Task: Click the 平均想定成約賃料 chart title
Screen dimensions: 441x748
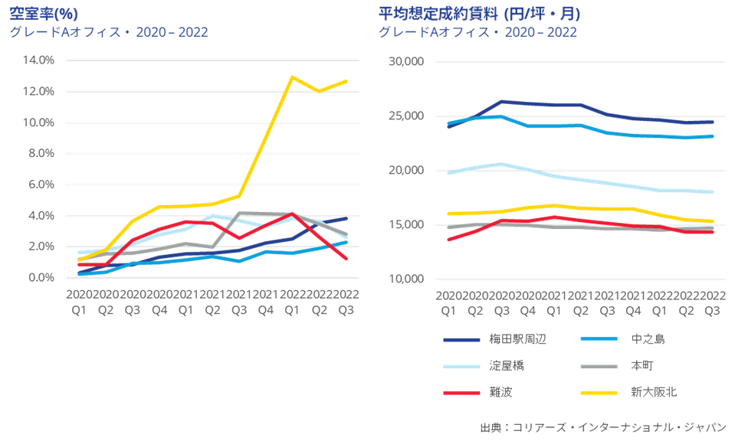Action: [x=479, y=13]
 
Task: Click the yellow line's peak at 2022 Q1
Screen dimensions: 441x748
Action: [x=292, y=77]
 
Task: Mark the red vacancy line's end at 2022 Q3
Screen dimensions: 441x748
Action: [x=346, y=258]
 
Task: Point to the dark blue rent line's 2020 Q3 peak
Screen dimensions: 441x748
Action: [x=501, y=101]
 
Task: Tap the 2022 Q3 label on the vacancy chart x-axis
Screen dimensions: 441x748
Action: [x=346, y=302]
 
